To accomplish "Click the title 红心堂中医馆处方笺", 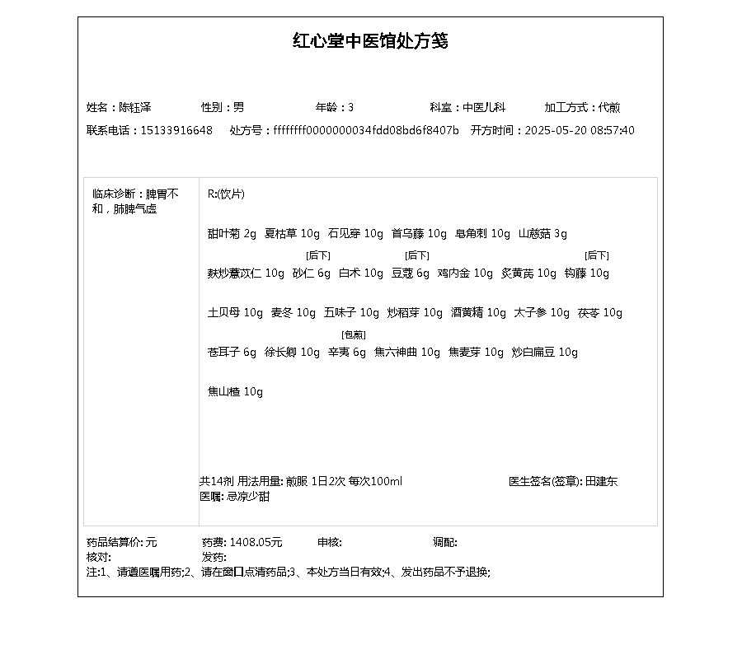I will point(370,41).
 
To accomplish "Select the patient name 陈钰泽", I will point(135,107).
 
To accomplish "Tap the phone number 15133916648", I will point(176,130).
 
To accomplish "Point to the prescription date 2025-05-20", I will point(552,130).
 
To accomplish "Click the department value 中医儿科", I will point(484,107).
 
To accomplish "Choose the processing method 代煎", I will point(610,107).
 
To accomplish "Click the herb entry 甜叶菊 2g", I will point(232,234).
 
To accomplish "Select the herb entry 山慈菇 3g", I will point(542,234).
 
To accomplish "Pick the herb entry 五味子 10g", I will point(351,313).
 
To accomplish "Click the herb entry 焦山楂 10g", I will point(235,392).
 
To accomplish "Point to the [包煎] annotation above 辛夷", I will point(353,334).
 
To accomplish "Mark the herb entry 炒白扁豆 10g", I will point(544,353).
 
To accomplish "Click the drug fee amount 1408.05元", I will point(256,542).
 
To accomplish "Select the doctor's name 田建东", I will point(601,481).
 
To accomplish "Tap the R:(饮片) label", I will point(226,194).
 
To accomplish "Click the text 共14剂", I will point(216,481).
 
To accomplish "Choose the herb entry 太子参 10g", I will point(542,313).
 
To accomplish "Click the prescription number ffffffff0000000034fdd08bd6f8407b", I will point(366,130).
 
